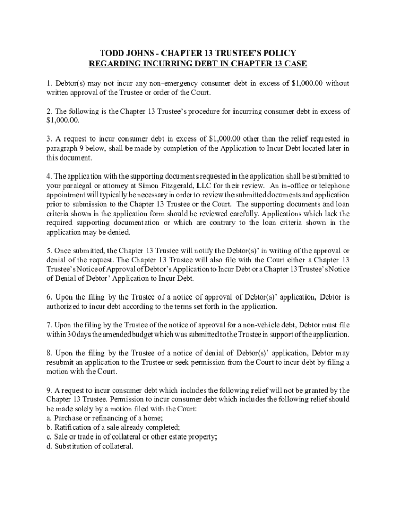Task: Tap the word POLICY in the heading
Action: pyautogui.click(x=280, y=54)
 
